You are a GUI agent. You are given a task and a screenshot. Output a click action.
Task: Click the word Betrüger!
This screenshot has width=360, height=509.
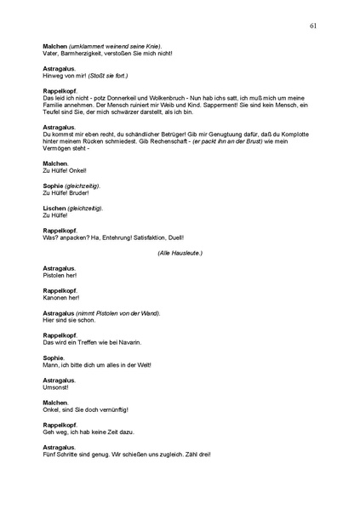[x=171, y=135]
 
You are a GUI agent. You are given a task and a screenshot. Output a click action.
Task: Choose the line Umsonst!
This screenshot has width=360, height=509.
[x=55, y=386]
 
